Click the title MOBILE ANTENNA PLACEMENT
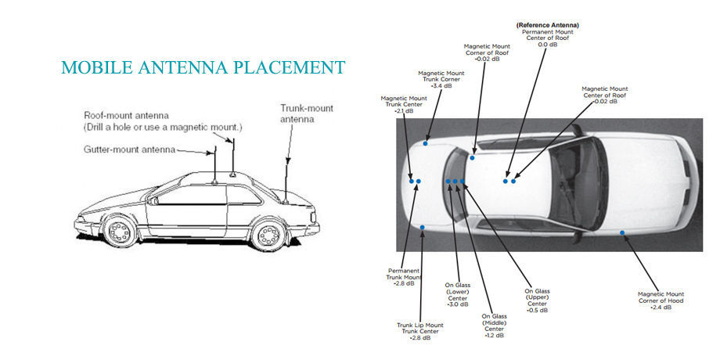203,67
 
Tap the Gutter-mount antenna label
128,149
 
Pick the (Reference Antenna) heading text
547,25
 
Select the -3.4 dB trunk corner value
441,85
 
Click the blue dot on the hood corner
622,232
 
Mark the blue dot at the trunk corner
426,142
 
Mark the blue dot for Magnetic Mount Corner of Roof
473,157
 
